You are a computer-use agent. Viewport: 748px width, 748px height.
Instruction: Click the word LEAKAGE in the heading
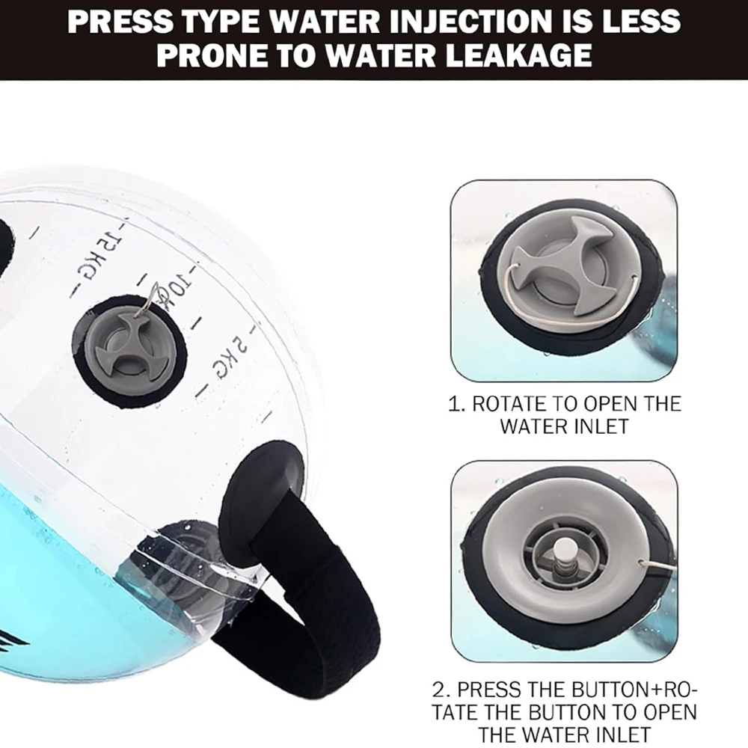coord(518,55)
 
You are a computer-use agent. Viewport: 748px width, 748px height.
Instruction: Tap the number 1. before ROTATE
coord(457,405)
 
